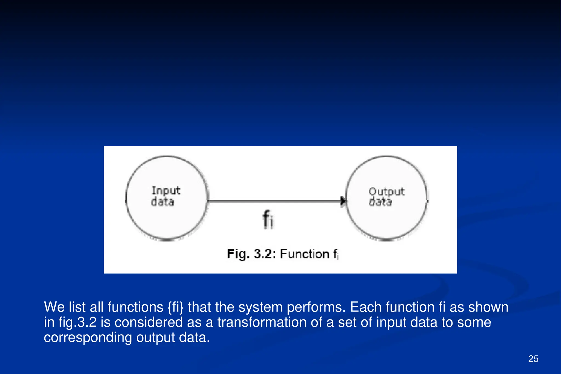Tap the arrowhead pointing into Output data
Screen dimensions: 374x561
tap(343, 201)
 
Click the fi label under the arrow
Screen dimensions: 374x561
tap(268, 219)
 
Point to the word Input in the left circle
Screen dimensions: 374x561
tap(166, 190)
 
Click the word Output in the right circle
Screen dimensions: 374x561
tap(386, 192)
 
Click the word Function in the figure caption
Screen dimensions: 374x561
tap(304, 254)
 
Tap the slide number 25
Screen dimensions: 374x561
tap(533, 359)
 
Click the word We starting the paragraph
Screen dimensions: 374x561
tap(54, 307)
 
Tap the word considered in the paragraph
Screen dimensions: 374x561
tap(148, 322)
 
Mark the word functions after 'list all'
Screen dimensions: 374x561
tap(135, 307)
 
